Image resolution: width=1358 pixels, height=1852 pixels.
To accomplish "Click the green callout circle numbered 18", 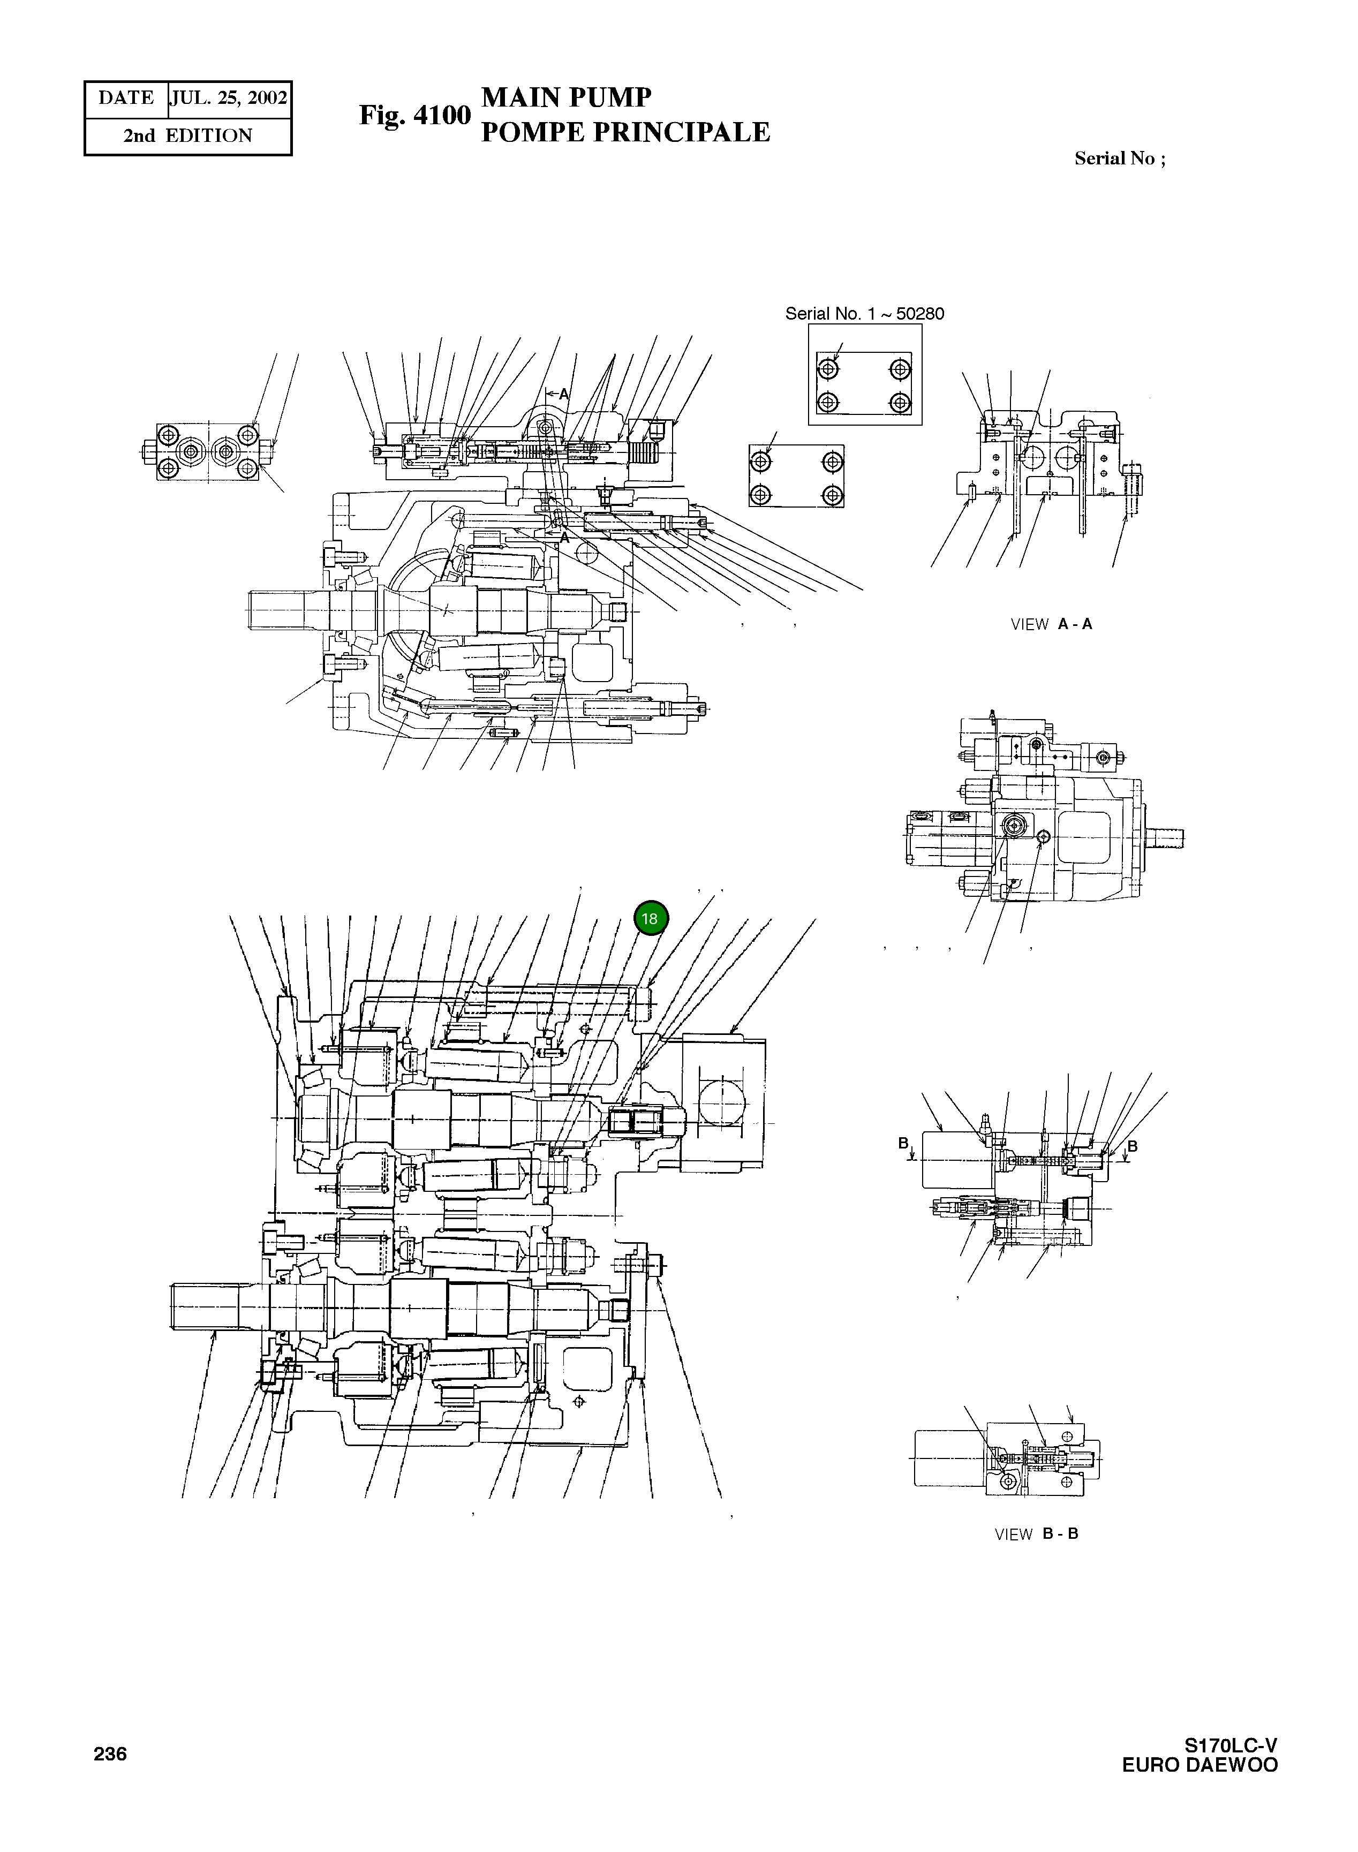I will tap(650, 919).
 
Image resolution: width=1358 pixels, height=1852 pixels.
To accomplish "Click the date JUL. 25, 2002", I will tap(229, 99).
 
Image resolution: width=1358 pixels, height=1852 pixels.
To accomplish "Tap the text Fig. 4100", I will tap(414, 116).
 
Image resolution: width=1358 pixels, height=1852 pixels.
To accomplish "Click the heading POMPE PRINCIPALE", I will tap(625, 132).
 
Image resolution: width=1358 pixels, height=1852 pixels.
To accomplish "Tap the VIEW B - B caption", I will tap(1036, 1534).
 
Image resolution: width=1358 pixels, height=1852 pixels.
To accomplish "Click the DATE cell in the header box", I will tap(126, 99).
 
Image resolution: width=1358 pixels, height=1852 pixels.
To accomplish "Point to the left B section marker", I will tap(904, 1144).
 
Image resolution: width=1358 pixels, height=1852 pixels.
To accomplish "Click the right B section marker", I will tap(1132, 1146).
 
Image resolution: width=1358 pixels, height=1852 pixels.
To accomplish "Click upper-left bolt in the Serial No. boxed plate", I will tap(828, 368).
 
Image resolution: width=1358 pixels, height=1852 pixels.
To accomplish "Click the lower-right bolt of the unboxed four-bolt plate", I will tap(833, 495).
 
